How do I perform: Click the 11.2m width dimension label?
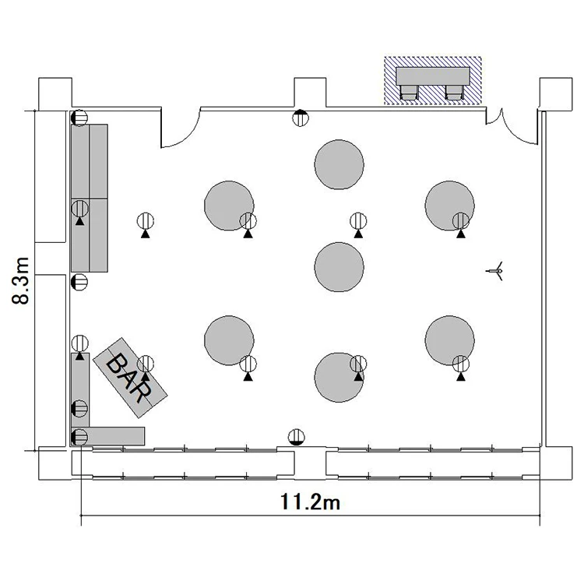coord(310,502)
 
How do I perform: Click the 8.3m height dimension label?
coord(20,280)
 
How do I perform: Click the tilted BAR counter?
coord(130,378)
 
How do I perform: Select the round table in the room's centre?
coord(339,267)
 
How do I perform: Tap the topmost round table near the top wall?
coord(339,164)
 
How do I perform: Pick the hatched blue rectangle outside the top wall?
coord(433,80)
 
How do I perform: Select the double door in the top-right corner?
coord(512,127)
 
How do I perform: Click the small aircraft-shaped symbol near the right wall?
coord(496,271)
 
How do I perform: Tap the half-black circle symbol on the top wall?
coord(301,118)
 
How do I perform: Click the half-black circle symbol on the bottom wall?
coord(297,438)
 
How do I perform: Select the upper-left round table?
coord(229,206)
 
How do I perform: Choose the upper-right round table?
coord(449,206)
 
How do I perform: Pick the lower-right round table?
coord(449,340)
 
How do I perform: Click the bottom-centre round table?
coord(339,378)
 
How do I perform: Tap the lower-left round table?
coord(229,340)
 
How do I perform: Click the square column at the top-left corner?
coord(55,94)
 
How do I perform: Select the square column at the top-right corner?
coord(556,94)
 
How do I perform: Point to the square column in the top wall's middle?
coord(310,93)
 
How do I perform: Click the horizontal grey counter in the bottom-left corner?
coord(108,436)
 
